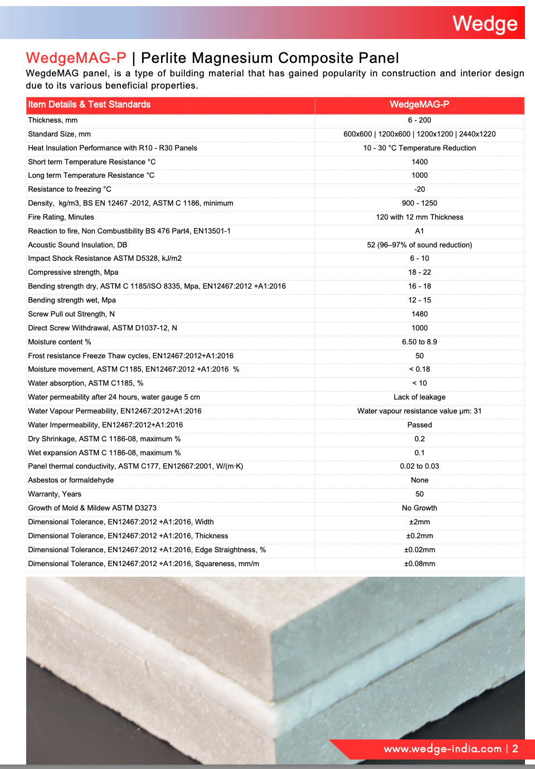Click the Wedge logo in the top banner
(485, 23)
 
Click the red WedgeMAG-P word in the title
(76, 58)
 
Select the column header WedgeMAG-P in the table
(419, 105)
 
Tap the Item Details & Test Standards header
(89, 105)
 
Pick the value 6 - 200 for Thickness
(419, 120)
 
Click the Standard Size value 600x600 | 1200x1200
(419, 134)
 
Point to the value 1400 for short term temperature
(419, 162)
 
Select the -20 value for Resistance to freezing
(419, 189)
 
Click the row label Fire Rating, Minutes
(61, 217)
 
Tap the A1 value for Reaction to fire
(419, 231)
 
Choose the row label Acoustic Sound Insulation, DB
(77, 245)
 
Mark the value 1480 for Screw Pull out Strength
(419, 314)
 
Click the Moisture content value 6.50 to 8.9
(419, 342)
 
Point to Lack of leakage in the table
(419, 397)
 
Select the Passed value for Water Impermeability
(419, 425)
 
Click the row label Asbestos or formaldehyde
(71, 480)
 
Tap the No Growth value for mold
(419, 508)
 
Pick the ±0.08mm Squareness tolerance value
(419, 564)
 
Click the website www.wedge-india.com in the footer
(442, 749)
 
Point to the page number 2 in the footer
(515, 749)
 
